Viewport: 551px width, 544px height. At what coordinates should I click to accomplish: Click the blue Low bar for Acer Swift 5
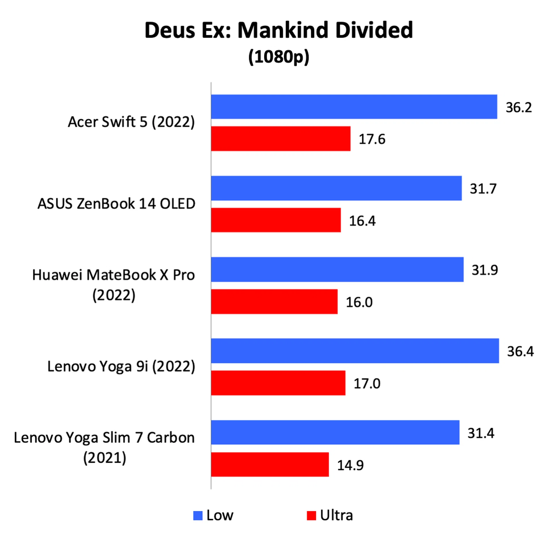354,107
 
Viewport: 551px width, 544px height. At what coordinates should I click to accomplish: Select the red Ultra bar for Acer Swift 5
281,139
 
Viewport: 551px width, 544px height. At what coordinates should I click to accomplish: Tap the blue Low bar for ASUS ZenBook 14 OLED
336,188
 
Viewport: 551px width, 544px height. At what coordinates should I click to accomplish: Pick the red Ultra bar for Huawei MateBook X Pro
274,302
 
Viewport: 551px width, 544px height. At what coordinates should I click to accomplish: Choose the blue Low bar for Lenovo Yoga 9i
355,351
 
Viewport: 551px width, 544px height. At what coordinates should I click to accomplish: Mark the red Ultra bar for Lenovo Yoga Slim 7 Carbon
270,465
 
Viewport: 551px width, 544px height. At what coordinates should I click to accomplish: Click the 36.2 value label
519,108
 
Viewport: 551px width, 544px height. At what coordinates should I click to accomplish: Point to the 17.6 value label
372,139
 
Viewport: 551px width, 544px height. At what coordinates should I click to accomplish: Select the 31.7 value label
483,189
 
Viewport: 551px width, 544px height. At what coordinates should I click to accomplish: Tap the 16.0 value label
359,302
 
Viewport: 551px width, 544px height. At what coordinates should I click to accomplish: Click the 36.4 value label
520,351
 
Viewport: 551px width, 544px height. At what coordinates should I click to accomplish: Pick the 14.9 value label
350,465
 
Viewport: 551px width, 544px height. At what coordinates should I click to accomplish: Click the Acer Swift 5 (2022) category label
131,122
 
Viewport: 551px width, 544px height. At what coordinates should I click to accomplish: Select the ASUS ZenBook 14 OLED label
116,204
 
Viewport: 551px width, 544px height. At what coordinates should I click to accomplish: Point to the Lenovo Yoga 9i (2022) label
121,366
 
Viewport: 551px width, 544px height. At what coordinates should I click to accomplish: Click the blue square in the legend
198,516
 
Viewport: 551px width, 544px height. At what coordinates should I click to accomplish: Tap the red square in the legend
311,516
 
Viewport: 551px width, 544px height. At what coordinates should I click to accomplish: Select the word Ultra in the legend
336,515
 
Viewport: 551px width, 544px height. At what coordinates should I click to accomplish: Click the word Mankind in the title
283,30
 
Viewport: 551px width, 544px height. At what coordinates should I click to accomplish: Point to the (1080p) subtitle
279,57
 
